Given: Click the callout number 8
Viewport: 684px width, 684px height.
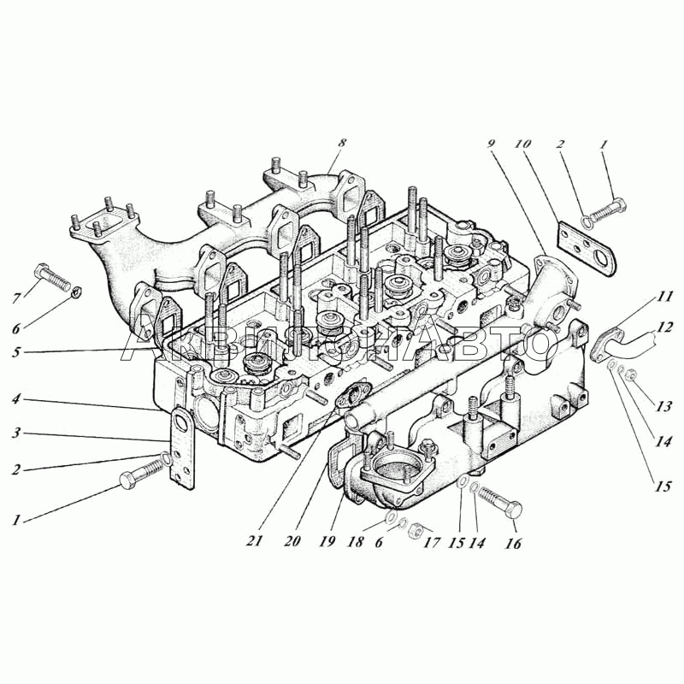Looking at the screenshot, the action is coord(343,143).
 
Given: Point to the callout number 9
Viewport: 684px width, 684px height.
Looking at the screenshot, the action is coord(492,144).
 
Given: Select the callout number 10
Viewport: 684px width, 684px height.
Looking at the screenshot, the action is coord(522,144).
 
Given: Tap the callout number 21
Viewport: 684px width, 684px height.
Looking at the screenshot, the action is coord(255,541).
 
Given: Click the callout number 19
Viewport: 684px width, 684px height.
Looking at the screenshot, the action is coord(327,541).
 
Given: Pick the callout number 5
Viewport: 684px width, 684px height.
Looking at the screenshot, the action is coord(16,351).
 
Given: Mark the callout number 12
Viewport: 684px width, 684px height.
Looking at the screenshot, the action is coord(664,327).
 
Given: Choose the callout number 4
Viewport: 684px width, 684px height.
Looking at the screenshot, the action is coord(16,398).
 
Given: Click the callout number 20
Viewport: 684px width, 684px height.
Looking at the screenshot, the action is coord(292,541).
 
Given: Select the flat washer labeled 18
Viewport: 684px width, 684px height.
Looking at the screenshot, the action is coord(391,517).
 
